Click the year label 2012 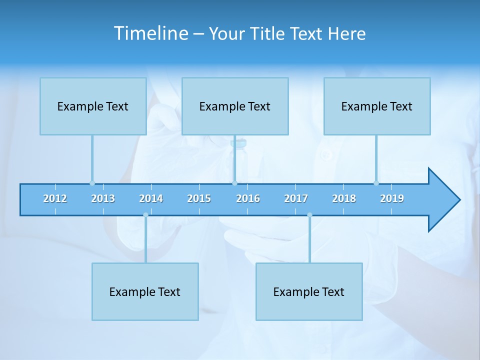(x=55, y=198)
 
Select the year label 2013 (x=103, y=198)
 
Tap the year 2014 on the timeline (x=151, y=198)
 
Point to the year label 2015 (x=199, y=198)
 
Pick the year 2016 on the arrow (x=248, y=198)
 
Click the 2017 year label (x=296, y=198)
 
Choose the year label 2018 (x=344, y=198)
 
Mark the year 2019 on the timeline (x=392, y=198)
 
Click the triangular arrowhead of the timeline (x=442, y=200)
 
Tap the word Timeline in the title (x=150, y=33)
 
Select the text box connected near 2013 (x=93, y=106)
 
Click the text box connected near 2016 (x=235, y=106)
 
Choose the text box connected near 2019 (x=377, y=106)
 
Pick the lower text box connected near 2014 (x=145, y=291)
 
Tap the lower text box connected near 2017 (x=309, y=291)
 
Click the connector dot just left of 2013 (x=92, y=183)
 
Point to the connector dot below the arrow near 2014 (x=145, y=215)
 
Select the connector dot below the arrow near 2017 (x=309, y=215)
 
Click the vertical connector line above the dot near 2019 (x=376, y=157)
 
